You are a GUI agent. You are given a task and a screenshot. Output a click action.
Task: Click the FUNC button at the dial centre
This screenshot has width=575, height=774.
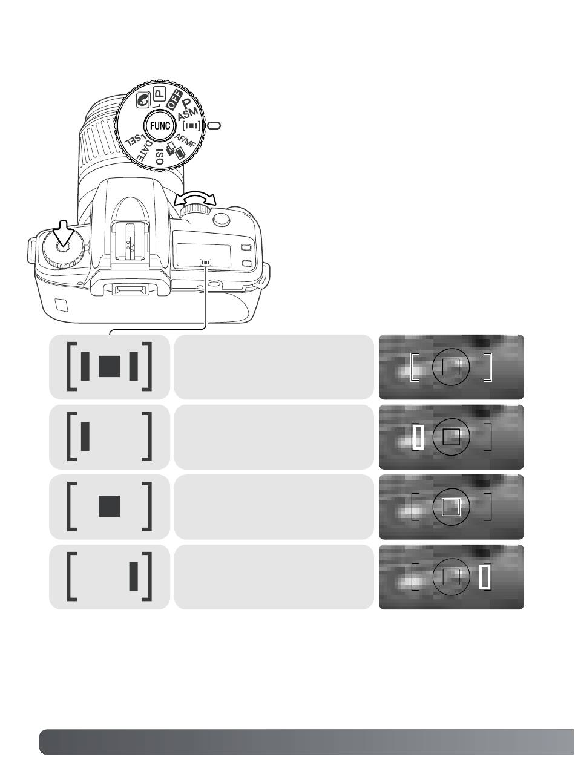click(x=160, y=126)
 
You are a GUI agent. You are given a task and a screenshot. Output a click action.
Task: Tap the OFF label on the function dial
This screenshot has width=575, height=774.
click(x=174, y=99)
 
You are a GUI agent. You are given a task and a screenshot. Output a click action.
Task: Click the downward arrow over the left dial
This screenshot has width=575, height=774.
click(x=63, y=234)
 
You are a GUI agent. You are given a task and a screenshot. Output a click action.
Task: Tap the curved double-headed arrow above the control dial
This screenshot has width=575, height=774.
click(x=195, y=199)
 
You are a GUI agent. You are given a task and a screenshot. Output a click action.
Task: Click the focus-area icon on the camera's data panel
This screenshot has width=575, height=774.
click(x=205, y=261)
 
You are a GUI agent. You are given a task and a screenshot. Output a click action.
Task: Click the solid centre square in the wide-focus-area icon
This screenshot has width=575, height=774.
click(x=110, y=366)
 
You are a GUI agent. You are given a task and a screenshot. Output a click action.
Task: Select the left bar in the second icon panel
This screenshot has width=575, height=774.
click(x=85, y=436)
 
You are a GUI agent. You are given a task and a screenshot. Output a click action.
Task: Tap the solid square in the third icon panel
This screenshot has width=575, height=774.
click(x=110, y=507)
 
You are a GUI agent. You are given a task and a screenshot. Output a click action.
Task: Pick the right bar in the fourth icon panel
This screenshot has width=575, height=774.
click(x=133, y=576)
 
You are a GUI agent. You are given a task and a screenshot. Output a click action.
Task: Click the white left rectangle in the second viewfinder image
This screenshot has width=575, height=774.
click(x=418, y=436)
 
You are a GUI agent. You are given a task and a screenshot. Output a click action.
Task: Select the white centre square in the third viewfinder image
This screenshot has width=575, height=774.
click(x=451, y=507)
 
